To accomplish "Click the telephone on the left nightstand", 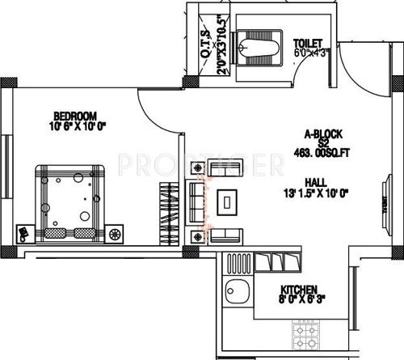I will tap(23, 233).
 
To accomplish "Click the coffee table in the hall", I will tap(231, 201).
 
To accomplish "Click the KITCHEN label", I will tap(299, 290).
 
